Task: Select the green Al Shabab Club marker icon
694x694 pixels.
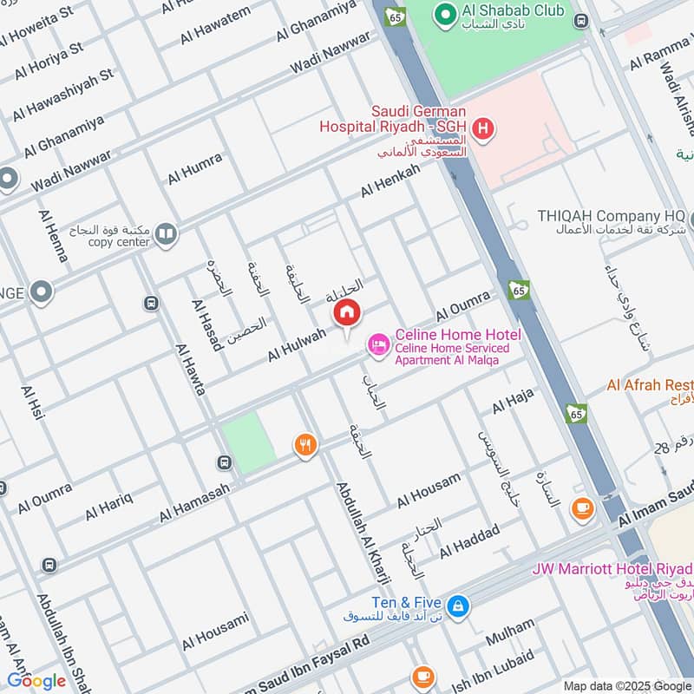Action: click(x=446, y=13)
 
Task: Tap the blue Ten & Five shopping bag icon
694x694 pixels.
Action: click(x=459, y=606)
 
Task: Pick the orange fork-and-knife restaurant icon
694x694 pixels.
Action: click(x=304, y=446)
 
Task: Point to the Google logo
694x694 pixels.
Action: click(x=36, y=681)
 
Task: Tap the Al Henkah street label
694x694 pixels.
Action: click(x=390, y=180)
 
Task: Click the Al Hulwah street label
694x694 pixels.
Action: click(x=297, y=344)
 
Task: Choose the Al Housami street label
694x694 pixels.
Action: click(x=214, y=632)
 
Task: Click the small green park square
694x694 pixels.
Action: click(x=248, y=442)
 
